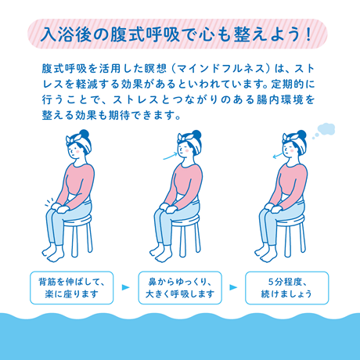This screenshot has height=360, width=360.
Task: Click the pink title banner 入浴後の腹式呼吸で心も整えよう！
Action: pyautogui.click(x=180, y=35)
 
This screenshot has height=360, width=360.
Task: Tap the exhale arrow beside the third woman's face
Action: pyautogui.click(x=275, y=155)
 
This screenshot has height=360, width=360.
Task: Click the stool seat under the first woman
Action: pyautogui.click(x=78, y=222)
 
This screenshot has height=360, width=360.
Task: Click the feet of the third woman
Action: pyautogui.click(x=274, y=259)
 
